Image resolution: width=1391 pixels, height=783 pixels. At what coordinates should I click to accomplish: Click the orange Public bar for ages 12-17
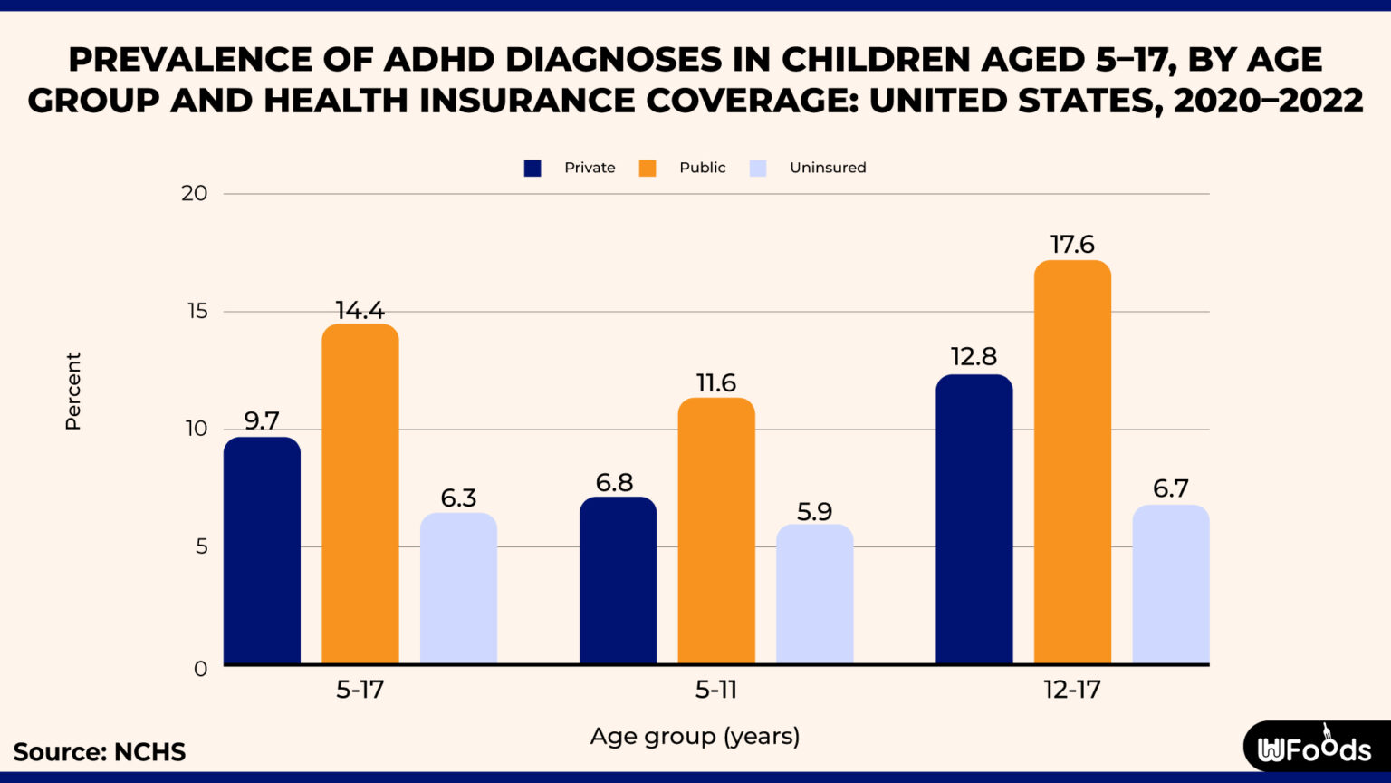(1072, 462)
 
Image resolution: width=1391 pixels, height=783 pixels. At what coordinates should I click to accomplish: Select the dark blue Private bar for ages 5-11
(618, 580)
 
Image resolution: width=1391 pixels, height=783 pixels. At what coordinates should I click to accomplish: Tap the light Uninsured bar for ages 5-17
(458, 589)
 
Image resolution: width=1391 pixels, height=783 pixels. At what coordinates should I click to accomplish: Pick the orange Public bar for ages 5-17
(360, 494)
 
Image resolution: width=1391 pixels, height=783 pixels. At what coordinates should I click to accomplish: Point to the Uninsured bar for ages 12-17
(1170, 585)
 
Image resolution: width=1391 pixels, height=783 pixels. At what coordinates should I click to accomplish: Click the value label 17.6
(1072, 245)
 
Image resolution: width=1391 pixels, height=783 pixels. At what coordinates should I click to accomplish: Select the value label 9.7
(262, 421)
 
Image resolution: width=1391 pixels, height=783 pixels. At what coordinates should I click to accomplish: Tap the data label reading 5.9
(814, 512)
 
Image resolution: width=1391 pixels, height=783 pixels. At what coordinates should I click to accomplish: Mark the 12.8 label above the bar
(974, 357)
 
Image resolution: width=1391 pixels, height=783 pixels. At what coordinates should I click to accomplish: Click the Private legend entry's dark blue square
(532, 168)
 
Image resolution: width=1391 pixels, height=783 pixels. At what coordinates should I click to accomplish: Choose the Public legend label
(702, 168)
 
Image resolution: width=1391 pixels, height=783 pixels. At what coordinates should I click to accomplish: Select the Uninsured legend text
(827, 168)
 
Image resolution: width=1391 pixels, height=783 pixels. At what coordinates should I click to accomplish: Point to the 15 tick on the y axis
(196, 312)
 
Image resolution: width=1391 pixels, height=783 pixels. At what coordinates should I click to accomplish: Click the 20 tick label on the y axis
(194, 193)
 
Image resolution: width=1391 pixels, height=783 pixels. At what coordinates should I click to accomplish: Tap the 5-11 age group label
(715, 690)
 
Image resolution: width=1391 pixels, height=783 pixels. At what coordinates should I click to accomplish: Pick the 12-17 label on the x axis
(1071, 690)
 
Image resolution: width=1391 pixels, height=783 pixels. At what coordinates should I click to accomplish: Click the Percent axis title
(73, 391)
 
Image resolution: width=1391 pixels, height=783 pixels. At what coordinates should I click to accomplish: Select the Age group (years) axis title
(695, 736)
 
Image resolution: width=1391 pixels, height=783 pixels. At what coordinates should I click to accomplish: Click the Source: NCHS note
(100, 752)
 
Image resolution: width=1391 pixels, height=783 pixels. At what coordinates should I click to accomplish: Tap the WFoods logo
(1314, 748)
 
